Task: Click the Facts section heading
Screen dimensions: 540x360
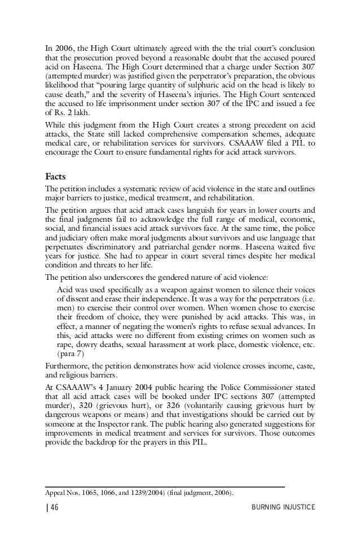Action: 57,175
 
